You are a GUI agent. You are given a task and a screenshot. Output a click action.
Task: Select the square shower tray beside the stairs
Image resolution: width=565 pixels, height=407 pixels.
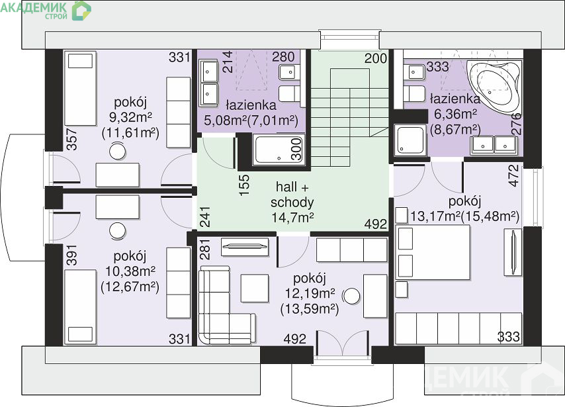click(410, 140)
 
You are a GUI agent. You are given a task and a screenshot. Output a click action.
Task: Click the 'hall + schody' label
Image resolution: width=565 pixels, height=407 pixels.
click(292, 195)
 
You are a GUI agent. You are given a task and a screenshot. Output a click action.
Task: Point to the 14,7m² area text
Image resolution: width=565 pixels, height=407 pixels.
click(292, 217)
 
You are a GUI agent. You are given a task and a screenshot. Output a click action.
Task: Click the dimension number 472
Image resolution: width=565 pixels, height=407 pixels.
click(514, 175)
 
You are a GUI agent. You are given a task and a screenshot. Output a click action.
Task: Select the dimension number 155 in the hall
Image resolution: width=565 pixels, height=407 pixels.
click(244, 185)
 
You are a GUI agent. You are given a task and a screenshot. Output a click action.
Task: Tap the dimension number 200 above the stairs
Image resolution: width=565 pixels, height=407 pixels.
click(376, 58)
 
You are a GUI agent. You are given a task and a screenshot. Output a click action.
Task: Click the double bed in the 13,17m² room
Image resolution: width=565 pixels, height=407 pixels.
click(433, 252)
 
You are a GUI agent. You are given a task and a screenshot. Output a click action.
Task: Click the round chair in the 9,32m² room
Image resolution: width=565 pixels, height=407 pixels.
click(118, 151)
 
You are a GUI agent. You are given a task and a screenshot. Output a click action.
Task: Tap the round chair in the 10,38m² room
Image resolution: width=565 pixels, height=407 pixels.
click(118, 231)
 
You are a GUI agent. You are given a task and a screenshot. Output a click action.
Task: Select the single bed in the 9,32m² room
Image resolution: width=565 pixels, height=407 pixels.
click(80, 89)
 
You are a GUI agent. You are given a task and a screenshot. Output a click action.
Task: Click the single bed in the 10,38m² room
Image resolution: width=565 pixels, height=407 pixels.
click(80, 307)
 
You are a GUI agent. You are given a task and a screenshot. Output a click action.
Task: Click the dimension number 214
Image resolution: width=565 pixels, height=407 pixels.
click(228, 62)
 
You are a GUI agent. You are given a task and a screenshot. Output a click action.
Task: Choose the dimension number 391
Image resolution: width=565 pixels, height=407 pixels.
click(71, 255)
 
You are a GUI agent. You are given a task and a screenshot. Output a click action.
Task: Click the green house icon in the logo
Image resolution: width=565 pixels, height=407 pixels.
click(81, 11)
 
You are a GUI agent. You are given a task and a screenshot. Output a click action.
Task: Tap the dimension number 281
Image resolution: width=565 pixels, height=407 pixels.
click(204, 249)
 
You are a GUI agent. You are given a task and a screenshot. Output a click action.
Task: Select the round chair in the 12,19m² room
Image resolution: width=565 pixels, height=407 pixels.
click(351, 296)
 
